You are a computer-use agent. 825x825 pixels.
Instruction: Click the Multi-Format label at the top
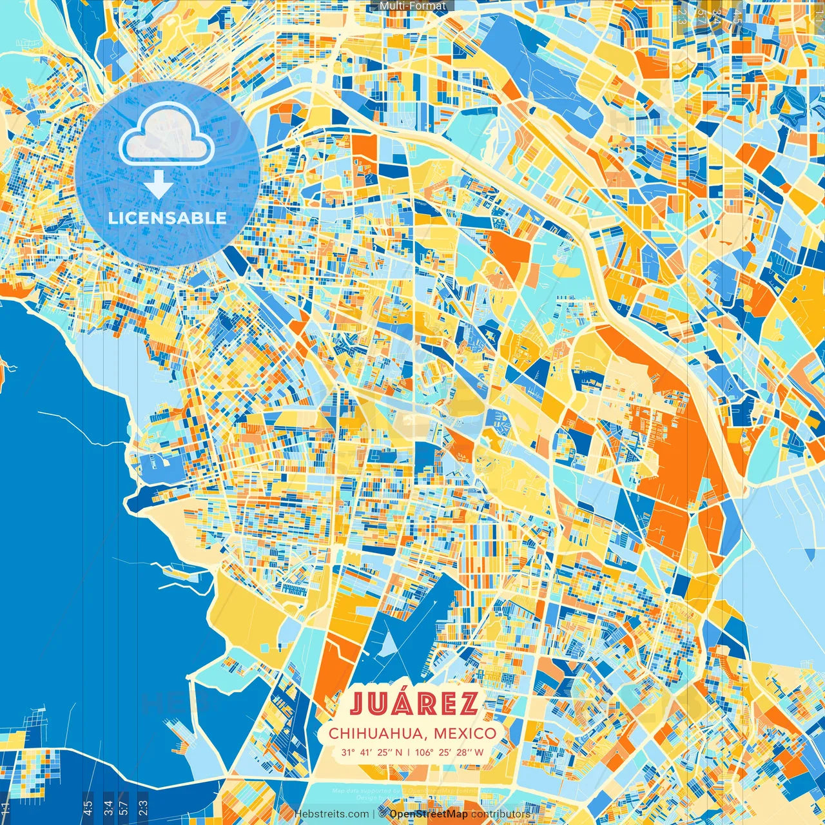pos(412,6)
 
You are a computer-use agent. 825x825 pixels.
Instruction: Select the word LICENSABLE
pos(168,218)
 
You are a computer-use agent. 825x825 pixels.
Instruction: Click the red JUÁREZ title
pos(414,704)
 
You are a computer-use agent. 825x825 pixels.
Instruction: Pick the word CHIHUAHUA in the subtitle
pos(377,733)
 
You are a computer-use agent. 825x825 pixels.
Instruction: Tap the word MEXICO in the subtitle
pos(465,733)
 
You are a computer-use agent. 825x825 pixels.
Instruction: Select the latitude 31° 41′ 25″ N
pos(372,752)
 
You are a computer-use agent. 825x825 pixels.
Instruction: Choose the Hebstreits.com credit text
pos(332,814)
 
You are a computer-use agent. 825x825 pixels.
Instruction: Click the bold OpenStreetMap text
pos(429,814)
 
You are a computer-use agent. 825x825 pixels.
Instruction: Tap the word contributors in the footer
pos(500,814)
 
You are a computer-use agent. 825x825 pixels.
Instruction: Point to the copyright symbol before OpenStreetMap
pos(382,814)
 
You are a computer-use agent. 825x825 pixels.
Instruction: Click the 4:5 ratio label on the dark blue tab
pos(88,806)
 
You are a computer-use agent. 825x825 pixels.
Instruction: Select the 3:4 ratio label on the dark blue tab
pos(108,806)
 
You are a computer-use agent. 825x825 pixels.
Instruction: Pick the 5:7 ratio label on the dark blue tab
pos(124,806)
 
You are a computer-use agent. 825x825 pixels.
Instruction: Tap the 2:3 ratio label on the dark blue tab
pos(142,806)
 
